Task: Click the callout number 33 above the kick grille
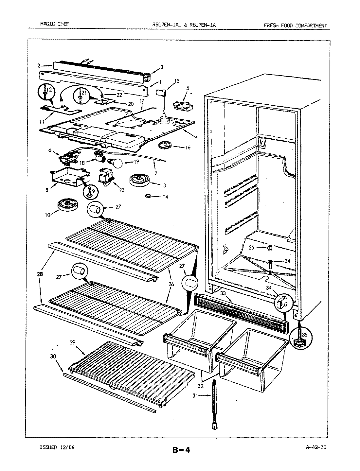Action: click(223, 293)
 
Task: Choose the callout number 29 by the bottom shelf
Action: click(73, 342)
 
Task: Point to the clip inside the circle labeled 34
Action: click(282, 301)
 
